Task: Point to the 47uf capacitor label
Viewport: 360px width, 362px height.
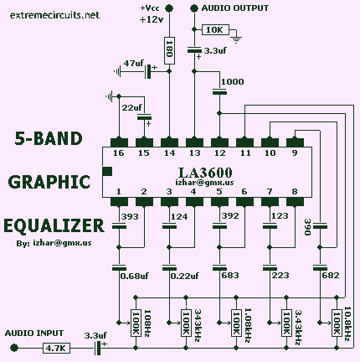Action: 134,64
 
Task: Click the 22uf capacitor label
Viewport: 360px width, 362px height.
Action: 131,107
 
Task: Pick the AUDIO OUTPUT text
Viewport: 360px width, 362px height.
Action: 238,8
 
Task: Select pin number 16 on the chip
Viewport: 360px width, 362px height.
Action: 118,154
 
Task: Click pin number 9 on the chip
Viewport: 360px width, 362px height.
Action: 294,154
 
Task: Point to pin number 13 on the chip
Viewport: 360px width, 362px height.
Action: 194,154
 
